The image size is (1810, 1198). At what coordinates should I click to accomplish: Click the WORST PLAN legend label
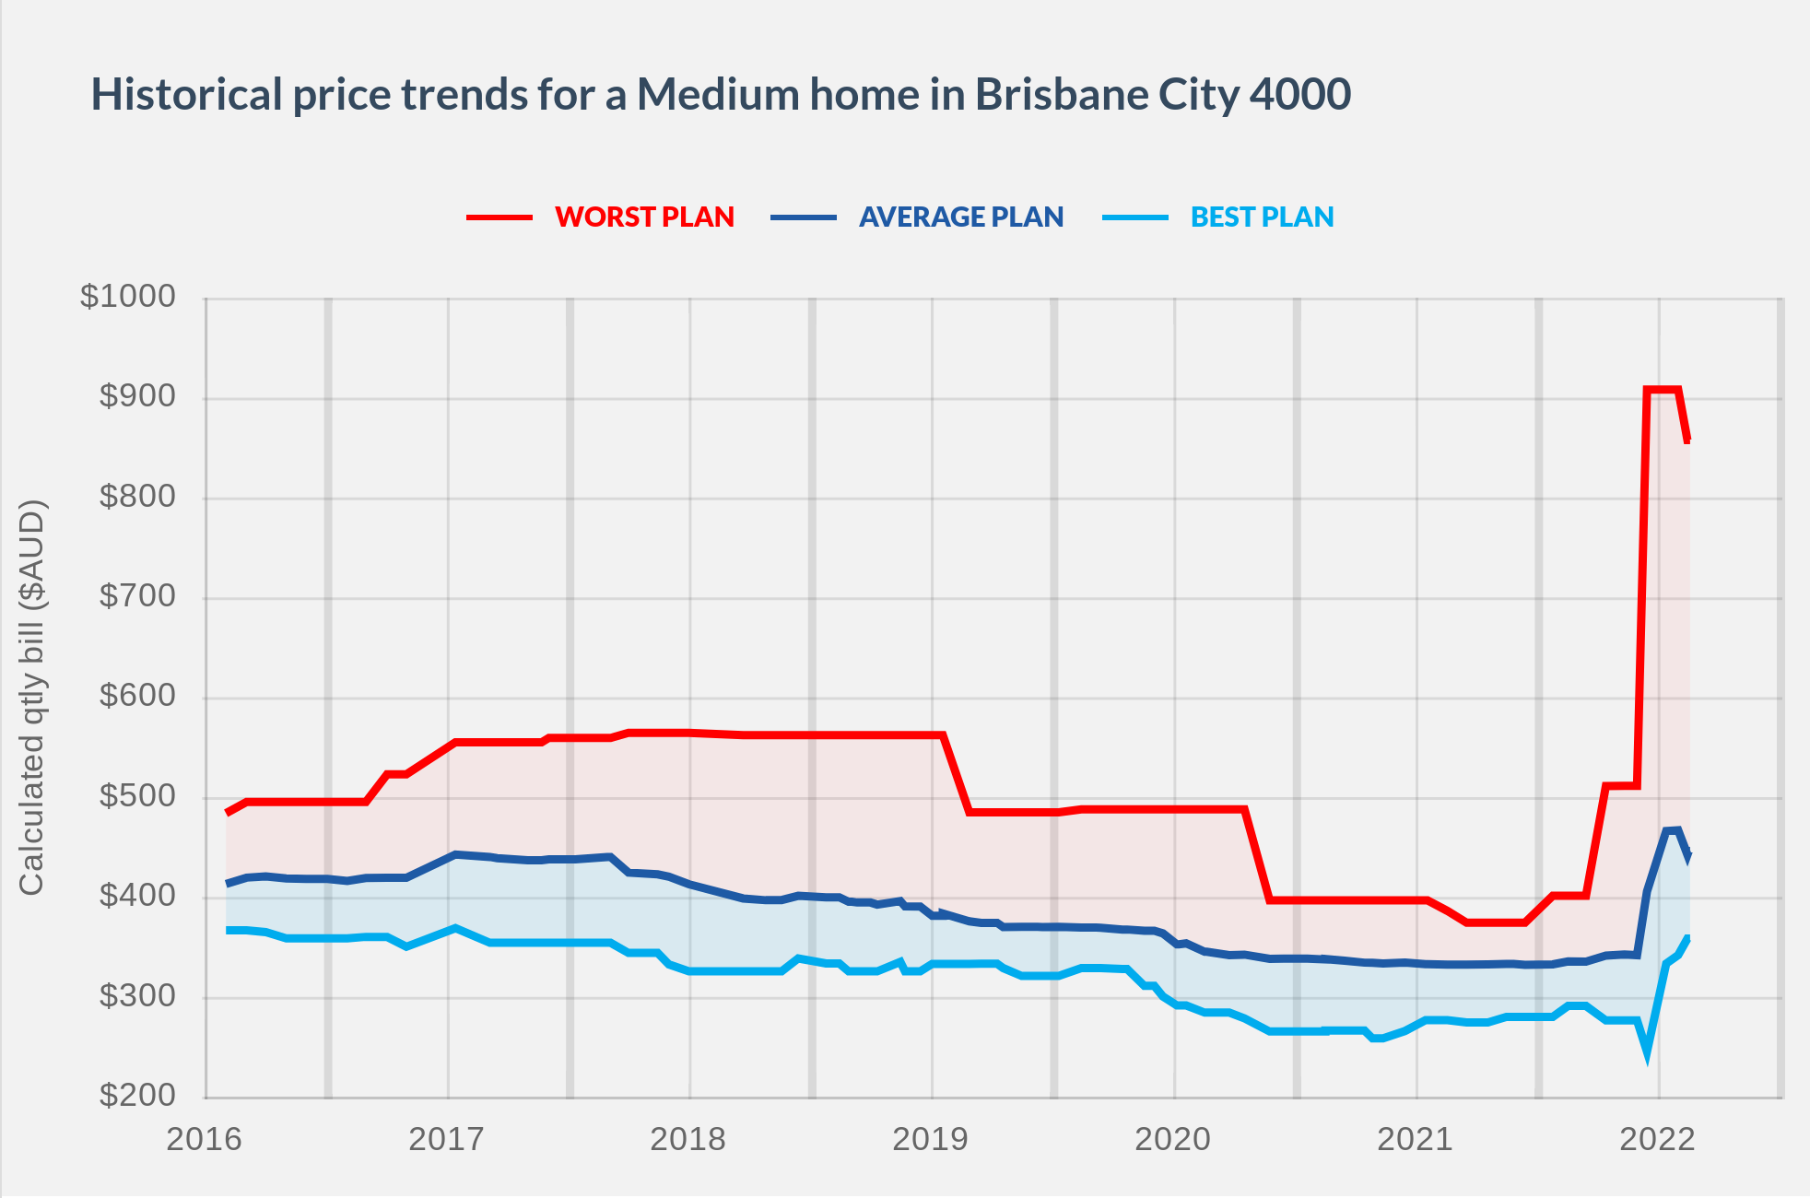pyautogui.click(x=644, y=217)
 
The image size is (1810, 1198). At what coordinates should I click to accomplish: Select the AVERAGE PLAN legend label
pyautogui.click(x=961, y=217)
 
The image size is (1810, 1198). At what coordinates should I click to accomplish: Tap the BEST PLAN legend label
pyautogui.click(x=1262, y=217)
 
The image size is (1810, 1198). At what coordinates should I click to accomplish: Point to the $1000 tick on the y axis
pyautogui.click(x=128, y=297)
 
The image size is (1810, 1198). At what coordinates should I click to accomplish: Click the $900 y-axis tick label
pyautogui.click(x=137, y=396)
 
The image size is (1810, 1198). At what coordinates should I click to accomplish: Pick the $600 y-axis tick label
pyautogui.click(x=137, y=696)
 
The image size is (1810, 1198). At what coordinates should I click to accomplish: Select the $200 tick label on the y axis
pyautogui.click(x=137, y=1096)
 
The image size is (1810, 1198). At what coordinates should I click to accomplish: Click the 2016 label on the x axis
pyautogui.click(x=204, y=1140)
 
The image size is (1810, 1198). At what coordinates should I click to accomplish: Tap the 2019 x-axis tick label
pyautogui.click(x=930, y=1140)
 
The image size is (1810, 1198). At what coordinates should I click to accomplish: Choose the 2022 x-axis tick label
pyautogui.click(x=1657, y=1140)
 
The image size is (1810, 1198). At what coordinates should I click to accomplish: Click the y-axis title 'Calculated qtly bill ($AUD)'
pyautogui.click(x=31, y=697)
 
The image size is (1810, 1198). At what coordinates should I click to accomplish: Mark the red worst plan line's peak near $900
pyautogui.click(x=1662, y=390)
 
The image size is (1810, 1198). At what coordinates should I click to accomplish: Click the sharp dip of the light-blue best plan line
pyautogui.click(x=1647, y=1053)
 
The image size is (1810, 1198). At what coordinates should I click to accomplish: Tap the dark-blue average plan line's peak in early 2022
pyautogui.click(x=1673, y=830)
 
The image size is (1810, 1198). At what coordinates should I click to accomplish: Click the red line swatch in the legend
pyautogui.click(x=500, y=217)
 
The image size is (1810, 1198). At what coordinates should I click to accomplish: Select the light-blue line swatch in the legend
pyautogui.click(x=1135, y=217)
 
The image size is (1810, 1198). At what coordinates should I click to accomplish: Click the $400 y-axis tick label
pyautogui.click(x=137, y=896)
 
